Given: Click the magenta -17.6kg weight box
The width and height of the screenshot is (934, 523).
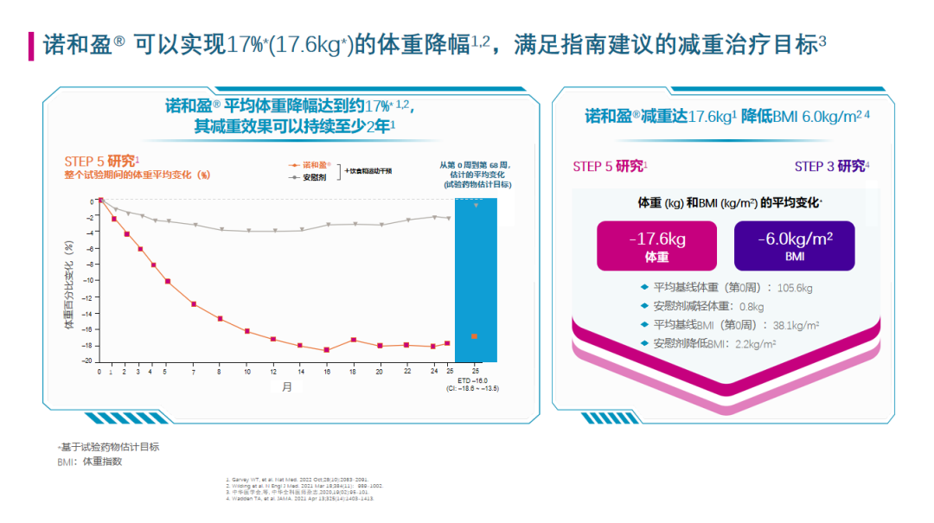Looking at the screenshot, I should point(657,246).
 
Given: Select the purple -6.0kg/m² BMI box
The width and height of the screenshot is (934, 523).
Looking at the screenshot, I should point(794,246).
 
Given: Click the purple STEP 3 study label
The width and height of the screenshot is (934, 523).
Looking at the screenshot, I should point(832,166).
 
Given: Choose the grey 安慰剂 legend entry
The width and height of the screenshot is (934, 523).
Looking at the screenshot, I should point(314,176).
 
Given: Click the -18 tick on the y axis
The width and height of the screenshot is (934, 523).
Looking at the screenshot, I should point(90,346).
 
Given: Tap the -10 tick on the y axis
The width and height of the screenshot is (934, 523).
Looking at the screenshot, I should point(90,281).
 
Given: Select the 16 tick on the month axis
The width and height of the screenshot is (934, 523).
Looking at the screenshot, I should point(326,372).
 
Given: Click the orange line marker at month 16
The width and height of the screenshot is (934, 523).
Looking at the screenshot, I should point(326,349).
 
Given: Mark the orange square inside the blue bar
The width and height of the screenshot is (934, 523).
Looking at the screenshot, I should point(474,335).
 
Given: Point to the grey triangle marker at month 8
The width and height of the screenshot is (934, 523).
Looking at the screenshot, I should point(221,229).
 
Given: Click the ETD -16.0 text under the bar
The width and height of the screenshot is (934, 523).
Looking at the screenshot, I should point(476,380).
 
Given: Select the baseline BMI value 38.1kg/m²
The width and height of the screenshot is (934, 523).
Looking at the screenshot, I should point(796,325).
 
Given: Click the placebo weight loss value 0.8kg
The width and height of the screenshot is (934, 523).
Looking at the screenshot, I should point(752,306).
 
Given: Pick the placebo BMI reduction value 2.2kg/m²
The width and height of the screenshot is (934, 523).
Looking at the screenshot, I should point(755,344).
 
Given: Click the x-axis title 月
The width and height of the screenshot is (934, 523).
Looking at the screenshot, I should point(286,388).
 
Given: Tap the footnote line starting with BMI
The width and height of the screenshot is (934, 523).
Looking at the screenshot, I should point(89,462).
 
